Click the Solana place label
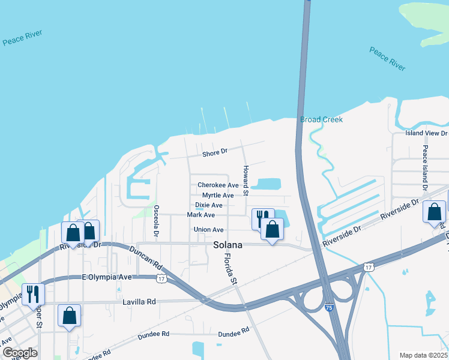(x=228, y=245)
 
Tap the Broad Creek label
(x=321, y=119)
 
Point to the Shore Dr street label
(x=215, y=153)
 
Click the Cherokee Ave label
(x=218, y=185)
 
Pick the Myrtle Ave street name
(x=218, y=196)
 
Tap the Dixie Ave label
(x=209, y=205)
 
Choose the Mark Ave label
(x=200, y=215)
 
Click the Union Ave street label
(x=208, y=230)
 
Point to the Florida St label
(x=228, y=267)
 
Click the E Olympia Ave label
(x=107, y=277)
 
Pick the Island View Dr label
(x=426, y=133)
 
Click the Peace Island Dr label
(x=424, y=167)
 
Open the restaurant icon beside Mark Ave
(x=262, y=218)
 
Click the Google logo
(x=20, y=353)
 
